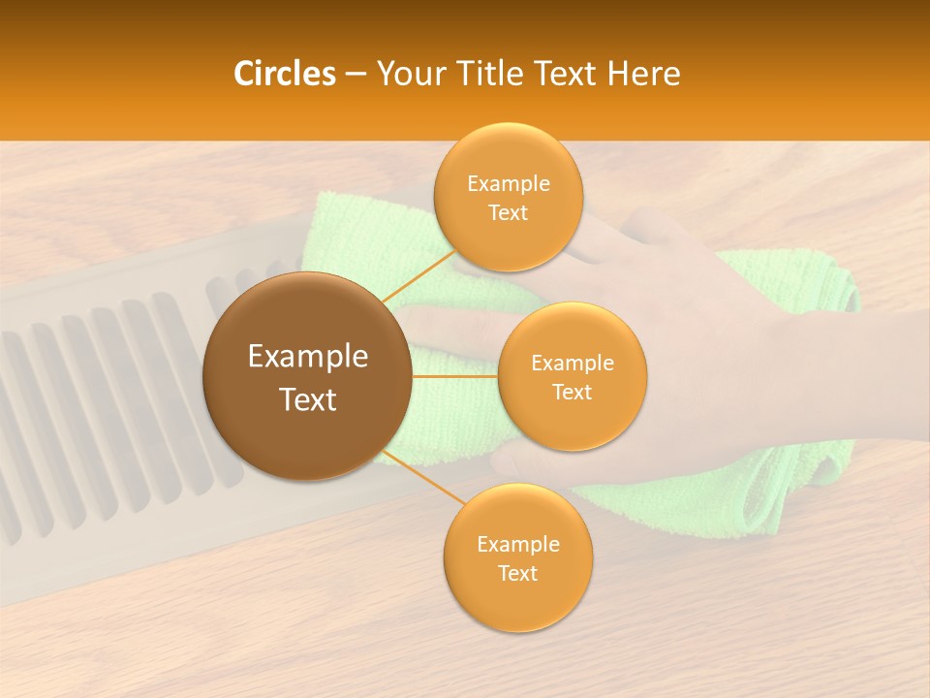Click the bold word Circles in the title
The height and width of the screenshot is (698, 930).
point(284,74)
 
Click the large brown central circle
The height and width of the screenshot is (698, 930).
point(307,436)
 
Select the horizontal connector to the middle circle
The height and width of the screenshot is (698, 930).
point(454,376)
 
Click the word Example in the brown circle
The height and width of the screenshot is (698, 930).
point(308,357)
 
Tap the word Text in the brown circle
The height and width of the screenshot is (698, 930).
point(308,399)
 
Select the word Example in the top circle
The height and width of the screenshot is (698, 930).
point(509,184)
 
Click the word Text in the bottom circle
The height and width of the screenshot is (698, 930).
point(517,573)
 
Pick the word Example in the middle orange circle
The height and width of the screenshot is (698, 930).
point(573,364)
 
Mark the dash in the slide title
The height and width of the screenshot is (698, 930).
point(355,75)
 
